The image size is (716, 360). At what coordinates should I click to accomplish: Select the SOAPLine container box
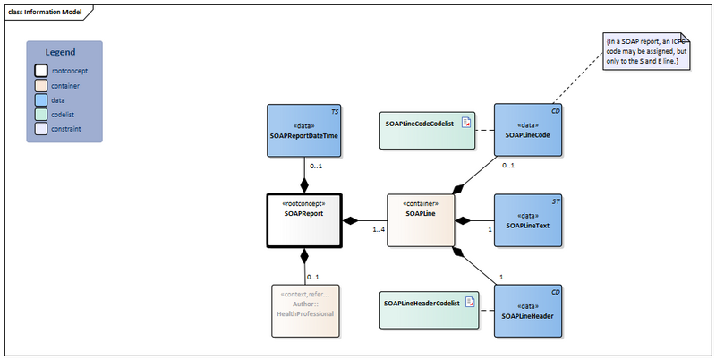(x=420, y=219)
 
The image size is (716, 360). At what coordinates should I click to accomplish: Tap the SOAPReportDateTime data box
(x=304, y=130)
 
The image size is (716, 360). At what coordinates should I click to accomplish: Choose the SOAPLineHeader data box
(x=528, y=310)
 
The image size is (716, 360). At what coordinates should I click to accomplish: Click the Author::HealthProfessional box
(x=304, y=310)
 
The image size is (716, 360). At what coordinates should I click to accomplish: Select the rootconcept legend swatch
(x=41, y=71)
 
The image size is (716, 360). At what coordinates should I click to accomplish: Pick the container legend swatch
(x=41, y=86)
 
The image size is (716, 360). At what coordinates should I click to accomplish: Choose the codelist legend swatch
(x=41, y=114)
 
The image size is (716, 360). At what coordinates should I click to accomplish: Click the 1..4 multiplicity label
(x=378, y=231)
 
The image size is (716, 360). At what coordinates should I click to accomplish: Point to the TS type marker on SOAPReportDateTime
(x=335, y=111)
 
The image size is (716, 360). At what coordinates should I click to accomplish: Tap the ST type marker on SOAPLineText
(x=557, y=201)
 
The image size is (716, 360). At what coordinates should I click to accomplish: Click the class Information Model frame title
(x=45, y=11)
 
